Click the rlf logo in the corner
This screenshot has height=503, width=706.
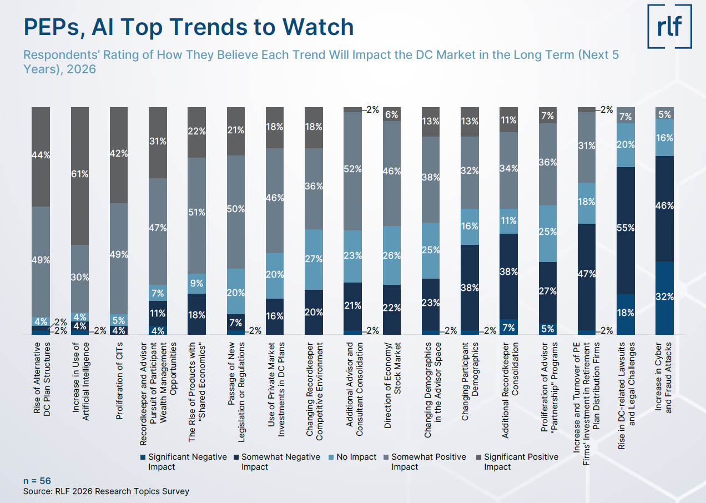pyautogui.click(x=669, y=26)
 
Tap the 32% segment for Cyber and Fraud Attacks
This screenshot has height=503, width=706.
pyautogui.click(x=665, y=297)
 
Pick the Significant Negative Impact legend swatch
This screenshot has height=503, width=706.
pyautogui.click(x=144, y=457)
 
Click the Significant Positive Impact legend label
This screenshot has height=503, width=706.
pyautogui.click(x=521, y=461)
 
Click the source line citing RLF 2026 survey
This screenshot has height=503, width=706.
pyautogui.click(x=106, y=491)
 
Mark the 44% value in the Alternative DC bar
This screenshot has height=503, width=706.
pyautogui.click(x=41, y=156)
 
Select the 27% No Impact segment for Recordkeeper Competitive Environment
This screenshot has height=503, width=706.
pyautogui.click(x=315, y=259)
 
